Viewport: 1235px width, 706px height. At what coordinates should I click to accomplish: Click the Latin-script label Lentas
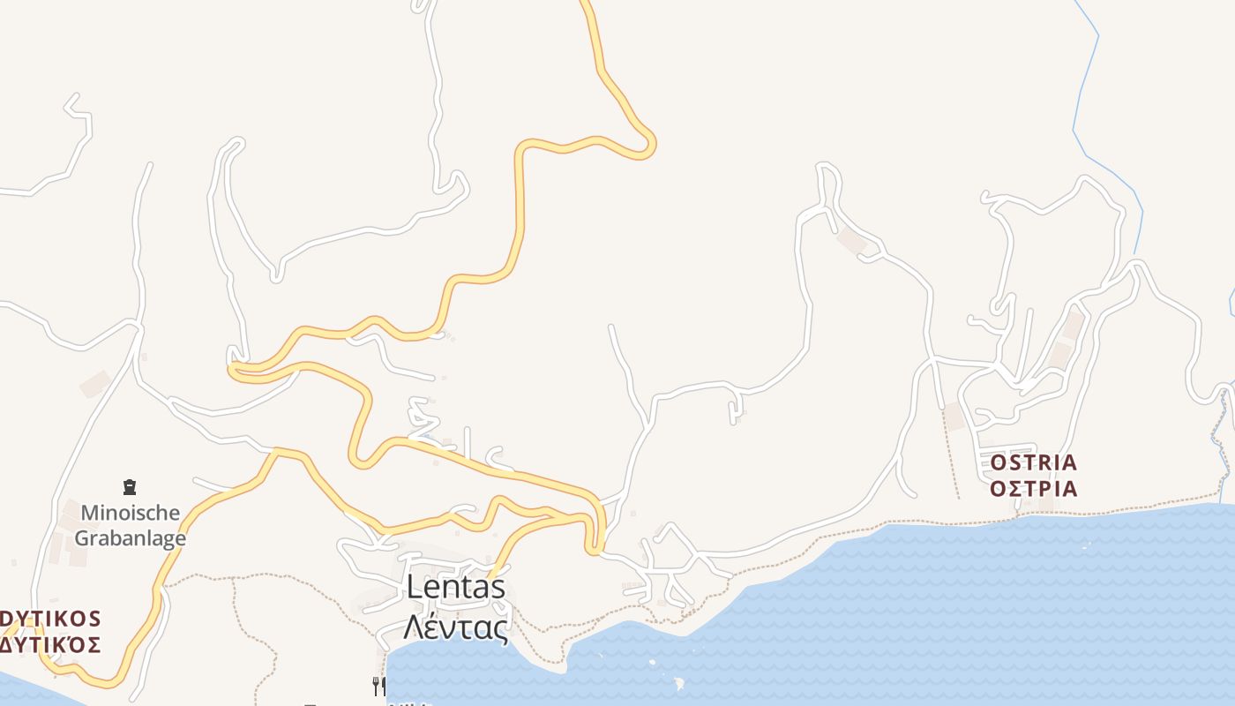pyautogui.click(x=456, y=587)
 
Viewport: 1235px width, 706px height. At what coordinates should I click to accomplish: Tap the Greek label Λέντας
pyautogui.click(x=456, y=627)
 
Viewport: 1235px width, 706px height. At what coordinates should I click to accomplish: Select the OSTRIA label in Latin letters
pyautogui.click(x=1034, y=462)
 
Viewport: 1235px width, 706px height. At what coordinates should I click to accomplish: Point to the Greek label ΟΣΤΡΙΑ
pyautogui.click(x=1034, y=489)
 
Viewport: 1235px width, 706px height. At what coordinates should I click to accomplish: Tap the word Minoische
pyautogui.click(x=131, y=513)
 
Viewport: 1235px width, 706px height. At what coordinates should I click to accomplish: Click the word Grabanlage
pyautogui.click(x=131, y=537)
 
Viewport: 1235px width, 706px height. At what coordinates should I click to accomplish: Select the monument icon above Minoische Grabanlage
pyautogui.click(x=130, y=486)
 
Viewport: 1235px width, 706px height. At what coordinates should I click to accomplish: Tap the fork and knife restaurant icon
pyautogui.click(x=379, y=686)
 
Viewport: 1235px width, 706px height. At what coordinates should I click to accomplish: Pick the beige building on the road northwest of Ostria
pyautogui.click(x=852, y=239)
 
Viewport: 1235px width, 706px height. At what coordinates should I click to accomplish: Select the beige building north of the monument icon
pyautogui.click(x=94, y=384)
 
